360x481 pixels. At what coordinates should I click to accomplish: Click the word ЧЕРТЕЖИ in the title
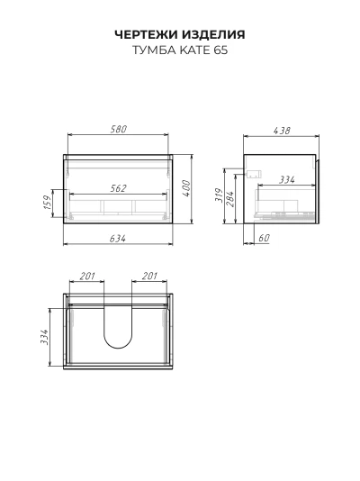tap(147, 34)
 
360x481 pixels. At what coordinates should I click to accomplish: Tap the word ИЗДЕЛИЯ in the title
tap(213, 34)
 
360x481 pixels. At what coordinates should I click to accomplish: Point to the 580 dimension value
tap(118, 129)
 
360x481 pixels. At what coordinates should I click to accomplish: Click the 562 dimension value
tap(118, 188)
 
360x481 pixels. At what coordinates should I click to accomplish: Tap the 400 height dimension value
tap(186, 188)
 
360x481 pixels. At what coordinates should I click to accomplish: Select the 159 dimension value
tap(48, 203)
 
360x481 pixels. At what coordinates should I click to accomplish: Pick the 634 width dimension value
tap(118, 239)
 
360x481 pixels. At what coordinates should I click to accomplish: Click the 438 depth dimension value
tap(282, 131)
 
